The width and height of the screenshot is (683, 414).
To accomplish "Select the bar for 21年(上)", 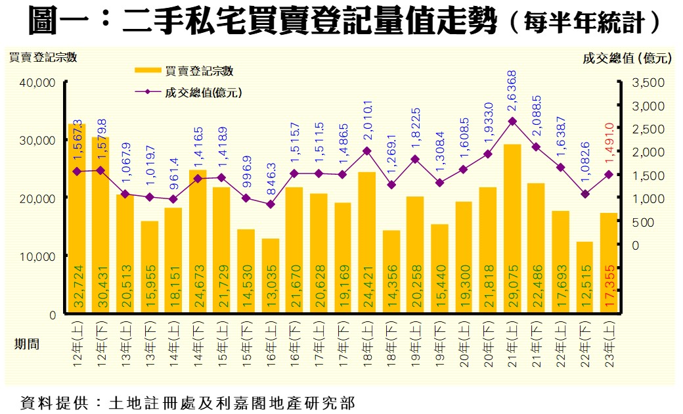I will coord(512,229).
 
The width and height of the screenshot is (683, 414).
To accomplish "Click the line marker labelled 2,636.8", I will coord(512,121).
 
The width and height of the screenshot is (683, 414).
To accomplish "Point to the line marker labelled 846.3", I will coord(271,204).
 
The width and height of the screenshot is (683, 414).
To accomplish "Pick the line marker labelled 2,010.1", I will coord(367,150).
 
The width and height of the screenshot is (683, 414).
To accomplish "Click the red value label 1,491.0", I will coord(609,143).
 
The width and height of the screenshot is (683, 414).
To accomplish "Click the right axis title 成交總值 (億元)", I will coord(627,58).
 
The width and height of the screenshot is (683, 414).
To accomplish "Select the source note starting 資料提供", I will coord(187,402).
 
